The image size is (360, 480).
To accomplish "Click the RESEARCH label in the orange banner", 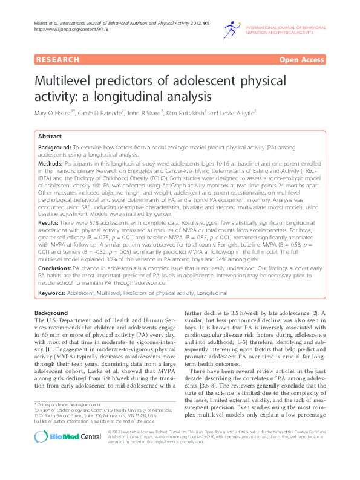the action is pos(58,60).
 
